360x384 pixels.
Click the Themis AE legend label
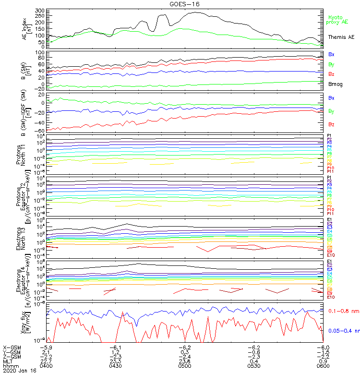point(341,37)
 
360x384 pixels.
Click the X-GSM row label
point(12,347)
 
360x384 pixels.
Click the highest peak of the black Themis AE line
point(196,12)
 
